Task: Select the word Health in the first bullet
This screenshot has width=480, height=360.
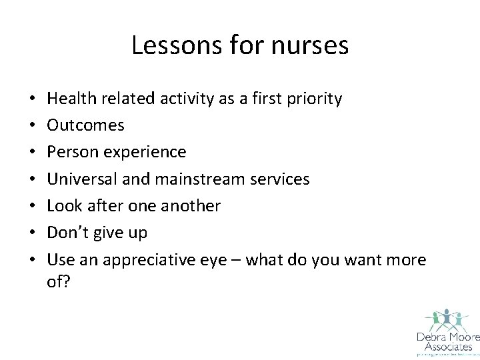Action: (x=71, y=99)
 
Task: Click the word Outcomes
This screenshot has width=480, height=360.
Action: (x=85, y=125)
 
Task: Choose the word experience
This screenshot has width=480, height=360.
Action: (x=144, y=152)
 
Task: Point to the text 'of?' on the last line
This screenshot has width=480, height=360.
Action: (x=58, y=282)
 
